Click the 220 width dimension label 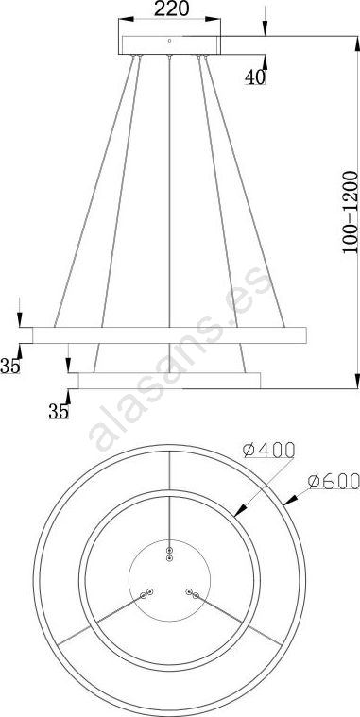coord(172,9)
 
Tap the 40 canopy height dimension coord(255,77)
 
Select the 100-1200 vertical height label coord(351,212)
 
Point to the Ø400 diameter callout coord(268,451)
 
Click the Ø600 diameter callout coord(334,481)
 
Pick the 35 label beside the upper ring coord(10,366)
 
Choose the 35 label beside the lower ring coord(59,412)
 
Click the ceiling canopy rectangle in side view coord(169,44)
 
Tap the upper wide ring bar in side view coord(169,335)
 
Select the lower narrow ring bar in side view coord(169,381)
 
